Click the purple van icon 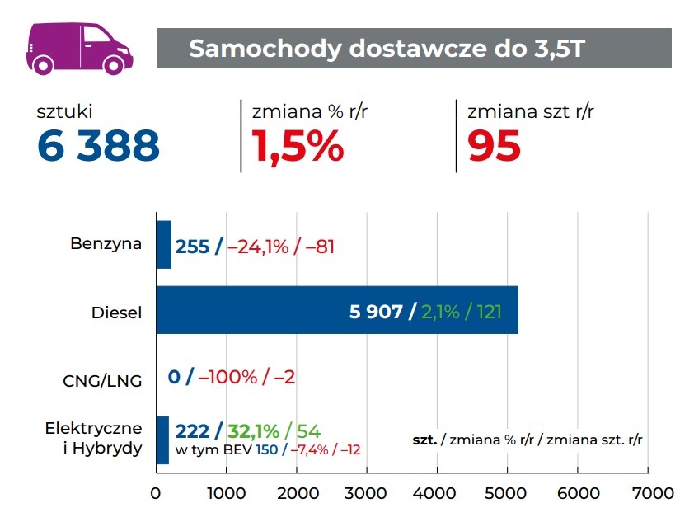click(x=79, y=46)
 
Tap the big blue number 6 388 click(x=98, y=146)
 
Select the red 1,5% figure click(x=298, y=146)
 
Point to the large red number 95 click(x=494, y=146)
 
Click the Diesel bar click(x=337, y=310)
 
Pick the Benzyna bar click(x=164, y=245)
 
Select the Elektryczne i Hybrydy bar click(x=162, y=440)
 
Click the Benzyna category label click(x=106, y=244)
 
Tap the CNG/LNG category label click(x=102, y=380)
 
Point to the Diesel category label click(x=117, y=313)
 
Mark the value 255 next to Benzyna click(x=192, y=246)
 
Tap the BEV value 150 click(x=266, y=449)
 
